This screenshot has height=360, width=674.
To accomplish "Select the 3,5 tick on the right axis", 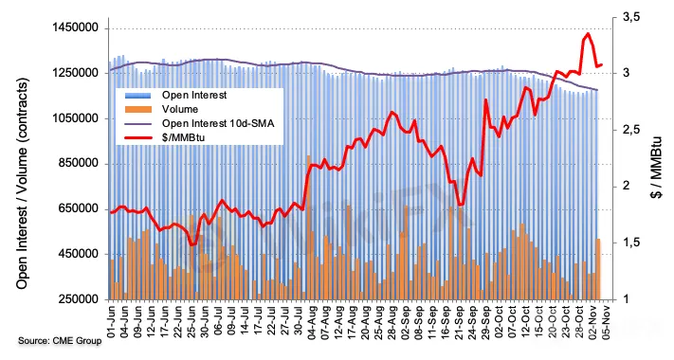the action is (631, 17).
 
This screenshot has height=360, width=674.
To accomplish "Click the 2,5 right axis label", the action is (631, 130).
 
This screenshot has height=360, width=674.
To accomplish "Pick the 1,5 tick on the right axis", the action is (631, 243).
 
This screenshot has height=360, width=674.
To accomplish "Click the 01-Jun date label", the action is (111, 320).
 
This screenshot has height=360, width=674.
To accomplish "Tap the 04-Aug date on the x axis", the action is (312, 320).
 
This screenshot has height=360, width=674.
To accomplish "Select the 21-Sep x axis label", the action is (460, 320).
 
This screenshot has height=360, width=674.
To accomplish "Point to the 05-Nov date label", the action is (607, 320).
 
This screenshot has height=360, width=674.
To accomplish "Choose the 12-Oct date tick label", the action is (526, 320).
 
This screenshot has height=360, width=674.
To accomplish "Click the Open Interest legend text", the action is (194, 95).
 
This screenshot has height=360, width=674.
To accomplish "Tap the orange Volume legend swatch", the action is (137, 109).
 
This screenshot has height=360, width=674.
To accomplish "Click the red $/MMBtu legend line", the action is (137, 137).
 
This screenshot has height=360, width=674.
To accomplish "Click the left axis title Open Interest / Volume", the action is (23, 183).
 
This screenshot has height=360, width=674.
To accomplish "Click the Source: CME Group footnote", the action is (60, 341).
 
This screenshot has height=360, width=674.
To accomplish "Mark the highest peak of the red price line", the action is (588, 33).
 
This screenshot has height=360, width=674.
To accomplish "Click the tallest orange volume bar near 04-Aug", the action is (309, 227).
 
